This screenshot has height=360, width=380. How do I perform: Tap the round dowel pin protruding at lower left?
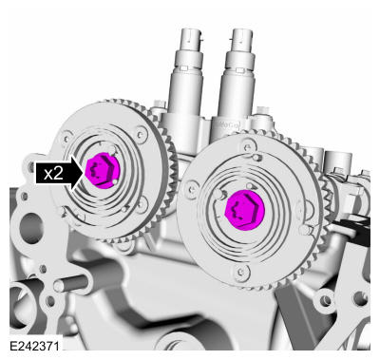coord(59,284)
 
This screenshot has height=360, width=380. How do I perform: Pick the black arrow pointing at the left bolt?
coord(76,173)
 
